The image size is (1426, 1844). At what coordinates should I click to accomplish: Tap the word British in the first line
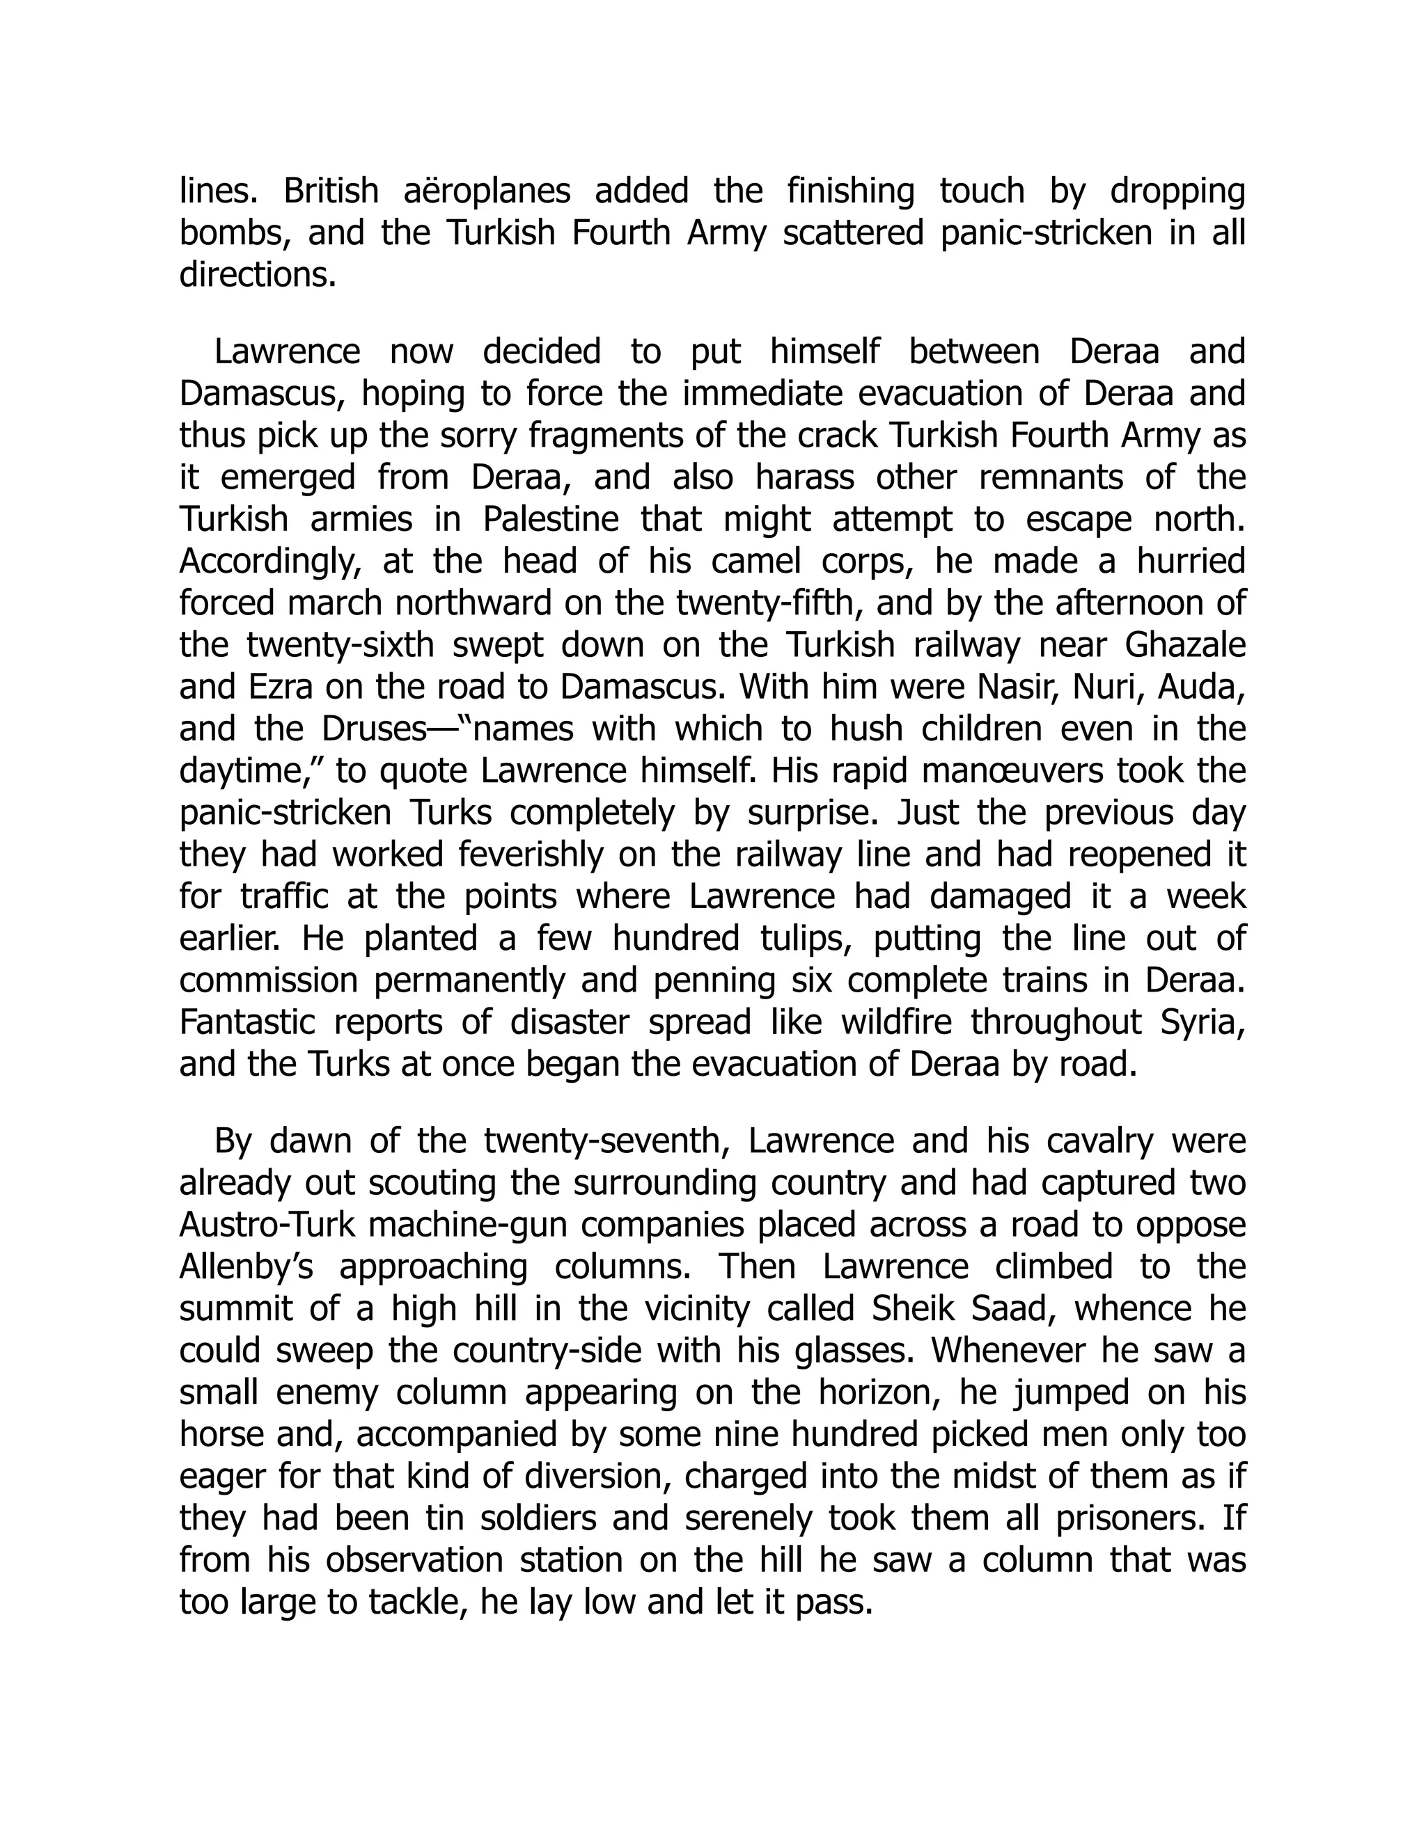coord(331,191)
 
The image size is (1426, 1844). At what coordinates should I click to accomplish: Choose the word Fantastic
coord(246,1022)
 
